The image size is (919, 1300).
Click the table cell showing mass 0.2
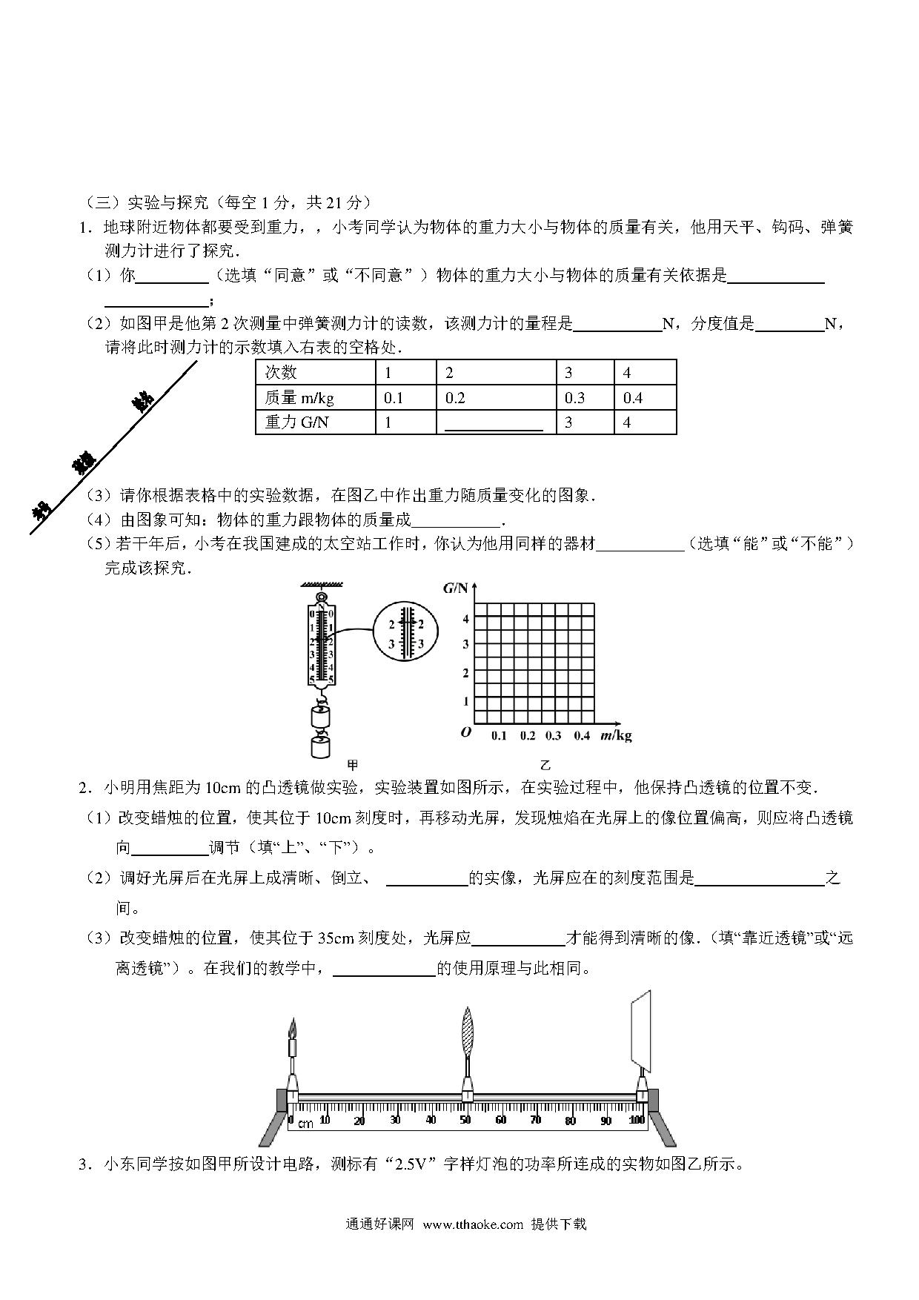[x=495, y=398]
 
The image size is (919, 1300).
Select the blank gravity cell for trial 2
[x=495, y=422]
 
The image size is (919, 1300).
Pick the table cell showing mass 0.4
[x=645, y=398]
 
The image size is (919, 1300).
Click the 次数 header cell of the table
[x=315, y=373]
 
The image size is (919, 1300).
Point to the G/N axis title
[x=456, y=588]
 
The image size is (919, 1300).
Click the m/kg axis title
[x=616, y=735]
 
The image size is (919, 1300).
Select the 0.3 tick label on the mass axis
[x=553, y=736]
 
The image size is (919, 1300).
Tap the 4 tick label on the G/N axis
[x=465, y=619]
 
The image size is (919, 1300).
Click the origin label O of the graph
[x=465, y=732]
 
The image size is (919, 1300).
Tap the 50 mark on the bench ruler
[x=465, y=1120]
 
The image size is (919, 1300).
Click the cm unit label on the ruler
[x=305, y=1124]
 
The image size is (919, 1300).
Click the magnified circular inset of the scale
[x=405, y=634]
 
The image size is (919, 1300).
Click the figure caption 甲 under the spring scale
[x=353, y=765]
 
